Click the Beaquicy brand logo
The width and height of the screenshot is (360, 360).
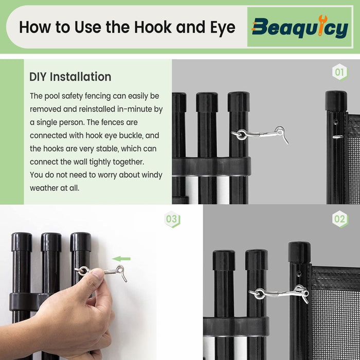(x=300, y=27)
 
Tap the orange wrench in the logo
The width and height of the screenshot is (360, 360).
(x=321, y=25)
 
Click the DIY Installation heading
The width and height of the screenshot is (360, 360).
(x=70, y=77)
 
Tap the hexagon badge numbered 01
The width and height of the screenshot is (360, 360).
(x=340, y=72)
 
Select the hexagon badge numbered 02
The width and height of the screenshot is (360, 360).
(x=340, y=219)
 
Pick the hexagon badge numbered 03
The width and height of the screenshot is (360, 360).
(x=172, y=219)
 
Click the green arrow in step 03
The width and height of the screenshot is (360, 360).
(x=121, y=259)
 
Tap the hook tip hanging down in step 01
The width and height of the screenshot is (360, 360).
(x=286, y=139)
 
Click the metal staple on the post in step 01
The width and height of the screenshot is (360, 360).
(x=338, y=137)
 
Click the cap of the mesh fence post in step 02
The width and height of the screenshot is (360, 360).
(x=299, y=252)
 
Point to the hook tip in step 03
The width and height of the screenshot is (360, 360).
(x=124, y=279)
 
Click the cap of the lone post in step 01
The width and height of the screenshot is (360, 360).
(x=336, y=101)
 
